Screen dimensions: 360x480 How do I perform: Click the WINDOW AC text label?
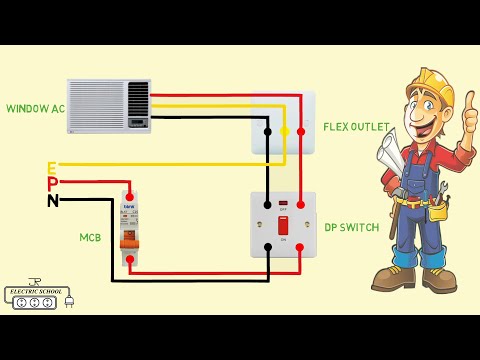(34, 107)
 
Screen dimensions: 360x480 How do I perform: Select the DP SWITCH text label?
(351, 228)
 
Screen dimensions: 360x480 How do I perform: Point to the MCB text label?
(91, 238)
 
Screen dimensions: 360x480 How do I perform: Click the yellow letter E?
(51, 167)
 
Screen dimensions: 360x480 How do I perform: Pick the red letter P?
(52, 183)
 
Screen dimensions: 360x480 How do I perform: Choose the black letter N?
(52, 200)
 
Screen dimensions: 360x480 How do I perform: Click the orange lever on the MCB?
(130, 242)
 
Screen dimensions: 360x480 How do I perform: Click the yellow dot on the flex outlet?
(284, 131)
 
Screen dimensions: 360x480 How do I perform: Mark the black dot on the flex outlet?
(267, 131)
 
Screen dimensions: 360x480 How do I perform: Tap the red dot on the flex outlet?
(301, 131)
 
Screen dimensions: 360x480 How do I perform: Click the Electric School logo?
(36, 295)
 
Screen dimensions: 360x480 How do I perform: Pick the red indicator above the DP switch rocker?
(283, 204)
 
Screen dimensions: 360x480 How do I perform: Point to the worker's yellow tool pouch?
(437, 212)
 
